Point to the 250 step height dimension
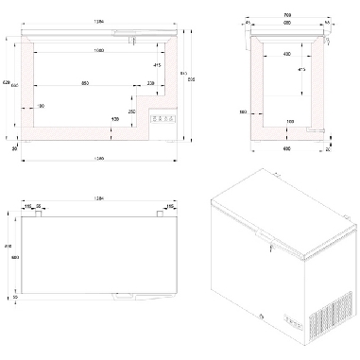(132, 111)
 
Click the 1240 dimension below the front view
(99, 157)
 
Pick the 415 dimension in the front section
(153, 64)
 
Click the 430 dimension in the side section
(286, 54)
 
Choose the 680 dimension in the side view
(287, 25)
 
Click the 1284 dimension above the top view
(99, 199)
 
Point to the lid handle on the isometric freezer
(271, 249)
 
